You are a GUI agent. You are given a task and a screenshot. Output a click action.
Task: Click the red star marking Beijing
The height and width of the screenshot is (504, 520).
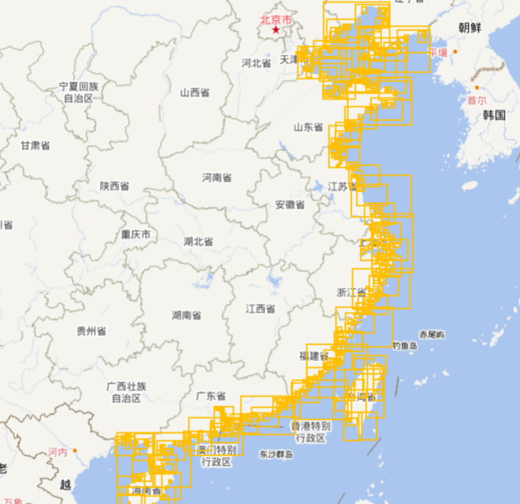(275, 30)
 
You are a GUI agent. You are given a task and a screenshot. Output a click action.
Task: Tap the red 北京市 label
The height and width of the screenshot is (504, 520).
(276, 20)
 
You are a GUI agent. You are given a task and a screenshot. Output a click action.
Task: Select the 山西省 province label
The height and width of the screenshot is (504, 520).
(194, 93)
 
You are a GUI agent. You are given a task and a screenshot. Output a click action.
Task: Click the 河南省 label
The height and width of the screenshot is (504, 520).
(217, 178)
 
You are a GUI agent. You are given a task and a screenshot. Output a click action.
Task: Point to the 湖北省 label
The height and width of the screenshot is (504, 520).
(198, 241)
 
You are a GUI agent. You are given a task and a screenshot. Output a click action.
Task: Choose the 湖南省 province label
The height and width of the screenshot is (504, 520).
(186, 316)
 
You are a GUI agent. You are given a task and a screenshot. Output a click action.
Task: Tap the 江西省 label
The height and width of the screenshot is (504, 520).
(260, 309)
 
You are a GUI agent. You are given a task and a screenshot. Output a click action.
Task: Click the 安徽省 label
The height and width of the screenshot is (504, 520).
(290, 205)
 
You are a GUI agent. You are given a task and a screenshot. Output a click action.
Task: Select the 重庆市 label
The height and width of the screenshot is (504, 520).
(136, 235)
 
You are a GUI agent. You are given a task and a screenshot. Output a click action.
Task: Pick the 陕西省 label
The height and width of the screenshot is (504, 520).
(114, 186)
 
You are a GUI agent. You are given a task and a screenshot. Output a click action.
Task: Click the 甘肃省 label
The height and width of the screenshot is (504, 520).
(35, 146)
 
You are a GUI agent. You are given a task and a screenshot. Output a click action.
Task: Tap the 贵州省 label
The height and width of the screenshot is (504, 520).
(91, 331)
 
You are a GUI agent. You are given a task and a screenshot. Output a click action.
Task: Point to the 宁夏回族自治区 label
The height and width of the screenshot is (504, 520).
(79, 93)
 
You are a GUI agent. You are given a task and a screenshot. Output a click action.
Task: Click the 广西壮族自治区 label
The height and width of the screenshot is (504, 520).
(126, 392)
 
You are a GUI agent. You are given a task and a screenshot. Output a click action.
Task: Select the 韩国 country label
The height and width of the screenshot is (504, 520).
(494, 115)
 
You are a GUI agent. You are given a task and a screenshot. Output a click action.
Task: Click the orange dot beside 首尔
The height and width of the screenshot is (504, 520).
(477, 88)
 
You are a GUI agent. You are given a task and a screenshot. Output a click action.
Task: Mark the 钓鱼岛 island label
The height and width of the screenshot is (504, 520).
(404, 346)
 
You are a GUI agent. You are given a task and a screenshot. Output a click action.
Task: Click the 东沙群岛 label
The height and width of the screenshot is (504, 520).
(276, 454)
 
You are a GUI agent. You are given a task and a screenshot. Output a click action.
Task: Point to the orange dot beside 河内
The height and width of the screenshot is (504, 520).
(75, 450)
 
